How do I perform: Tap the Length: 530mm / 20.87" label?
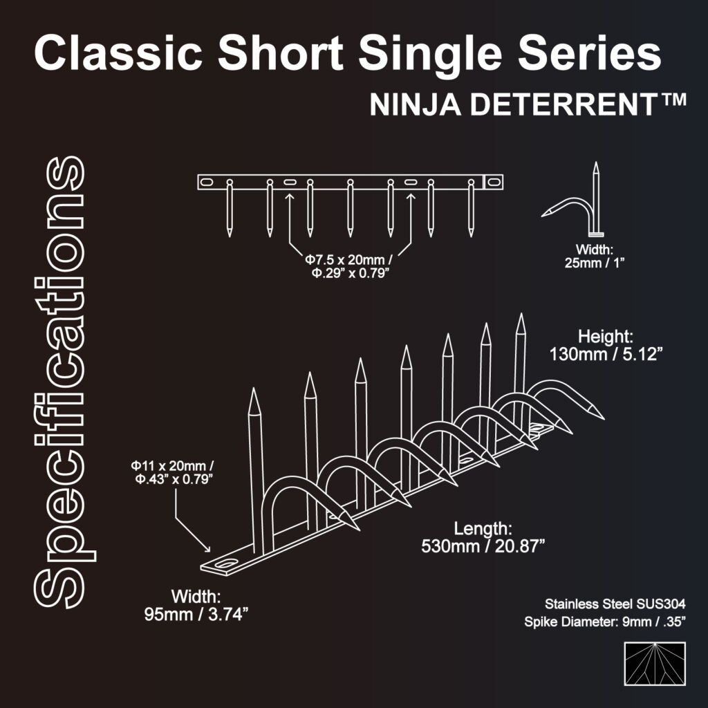(x=483, y=537)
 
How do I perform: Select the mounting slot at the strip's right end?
(x=494, y=182)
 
